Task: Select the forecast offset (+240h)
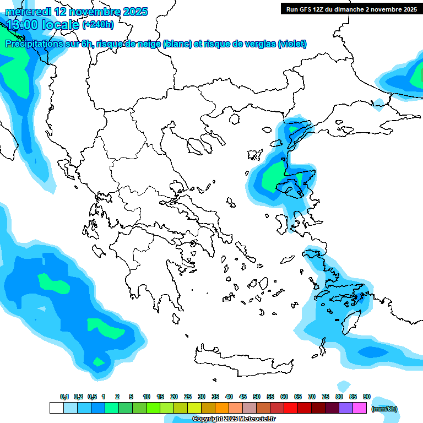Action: pyautogui.click(x=98, y=24)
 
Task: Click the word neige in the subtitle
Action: pyautogui.click(x=149, y=44)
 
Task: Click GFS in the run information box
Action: pyautogui.click(x=307, y=9)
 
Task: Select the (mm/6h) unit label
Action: pyautogui.click(x=384, y=409)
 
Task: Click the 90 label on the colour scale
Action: pyautogui.click(x=367, y=397)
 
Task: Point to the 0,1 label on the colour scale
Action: pyautogui.click(x=64, y=397)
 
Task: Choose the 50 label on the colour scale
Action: pyautogui.click(x=257, y=397)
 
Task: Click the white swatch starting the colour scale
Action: pyautogui.click(x=56, y=408)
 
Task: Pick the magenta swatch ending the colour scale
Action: pyautogui.click(x=360, y=408)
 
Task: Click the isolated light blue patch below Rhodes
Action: pyautogui.click(x=344, y=385)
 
